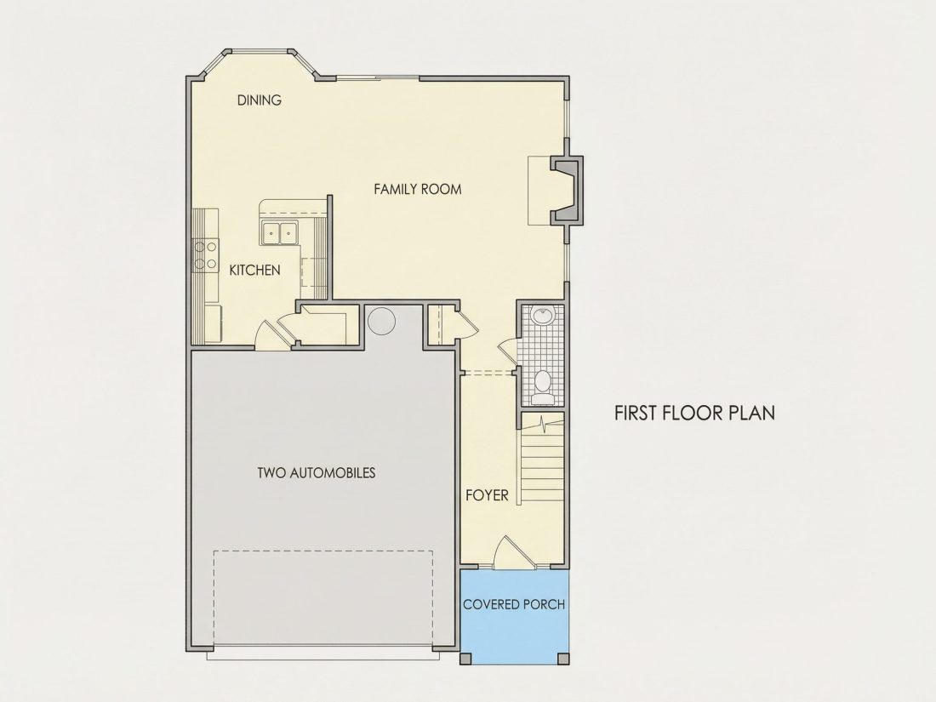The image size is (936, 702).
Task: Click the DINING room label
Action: click(259, 100)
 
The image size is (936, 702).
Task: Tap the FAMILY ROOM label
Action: click(417, 189)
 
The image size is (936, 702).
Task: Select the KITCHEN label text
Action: click(255, 270)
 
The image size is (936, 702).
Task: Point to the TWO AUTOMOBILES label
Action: click(317, 473)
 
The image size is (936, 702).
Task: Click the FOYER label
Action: click(487, 495)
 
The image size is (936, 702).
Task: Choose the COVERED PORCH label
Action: click(514, 604)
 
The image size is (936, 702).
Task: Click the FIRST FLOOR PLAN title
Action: click(695, 413)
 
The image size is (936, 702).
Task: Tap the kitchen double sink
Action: click(279, 232)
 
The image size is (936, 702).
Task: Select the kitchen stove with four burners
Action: click(205, 255)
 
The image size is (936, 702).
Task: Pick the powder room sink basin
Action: click(543, 317)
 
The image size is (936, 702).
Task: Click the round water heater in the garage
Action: click(381, 321)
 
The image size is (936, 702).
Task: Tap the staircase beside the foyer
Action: click(542, 459)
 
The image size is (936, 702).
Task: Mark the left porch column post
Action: click(466, 659)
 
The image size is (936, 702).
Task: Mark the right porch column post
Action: click(563, 659)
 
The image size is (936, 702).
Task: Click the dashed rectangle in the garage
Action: click(323, 598)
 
